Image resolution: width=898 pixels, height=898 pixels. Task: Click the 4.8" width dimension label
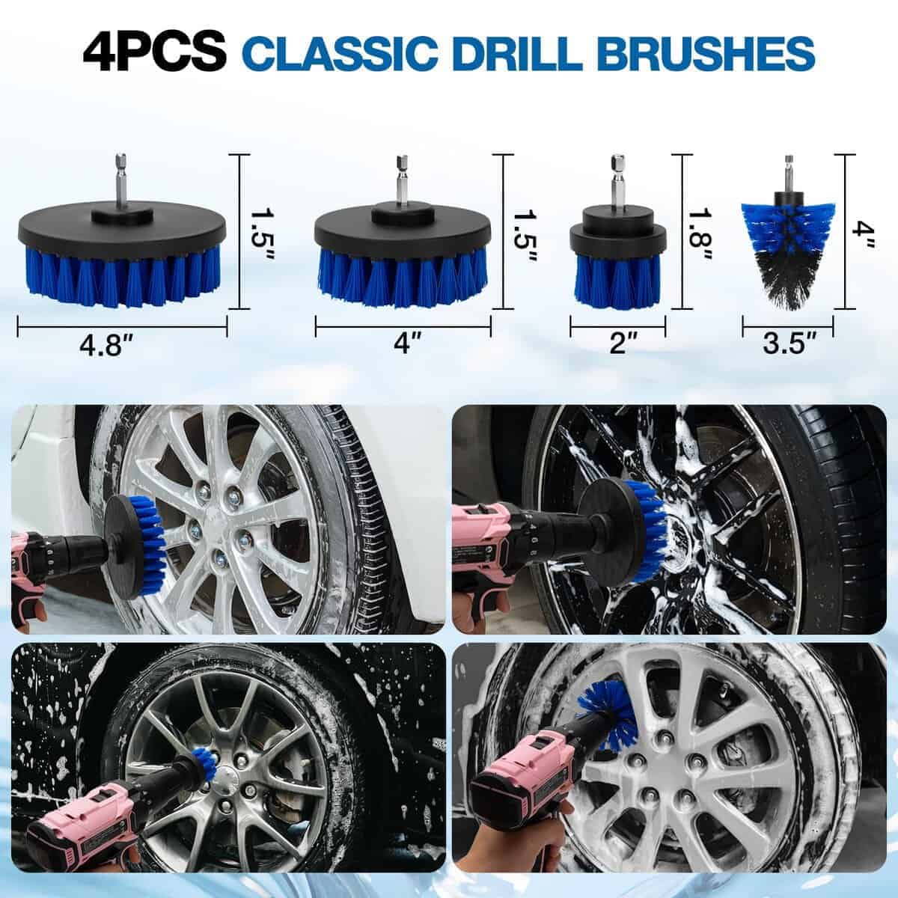[109, 349]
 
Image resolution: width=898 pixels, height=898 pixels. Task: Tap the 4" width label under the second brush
[403, 345]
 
